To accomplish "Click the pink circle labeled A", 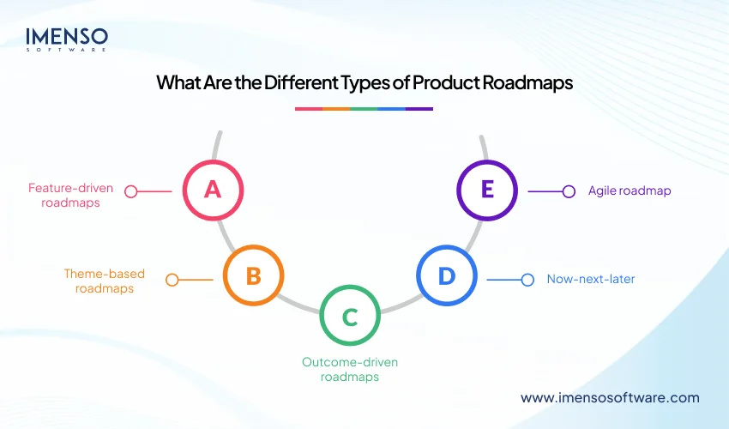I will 213,190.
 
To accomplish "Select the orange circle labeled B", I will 253,275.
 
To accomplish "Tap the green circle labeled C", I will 349,317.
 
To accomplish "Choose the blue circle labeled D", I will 446,275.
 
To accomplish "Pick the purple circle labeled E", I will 486,190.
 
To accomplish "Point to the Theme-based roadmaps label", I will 105,281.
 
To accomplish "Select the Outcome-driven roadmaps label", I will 349,369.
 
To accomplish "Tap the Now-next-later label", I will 591,279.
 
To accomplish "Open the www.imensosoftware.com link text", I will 610,397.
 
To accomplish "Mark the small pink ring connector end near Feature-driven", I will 131,191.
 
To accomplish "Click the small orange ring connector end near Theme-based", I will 172,280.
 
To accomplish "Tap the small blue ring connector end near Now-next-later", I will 527,279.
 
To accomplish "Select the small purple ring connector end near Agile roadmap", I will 568,191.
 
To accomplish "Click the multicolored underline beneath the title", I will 364,109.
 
